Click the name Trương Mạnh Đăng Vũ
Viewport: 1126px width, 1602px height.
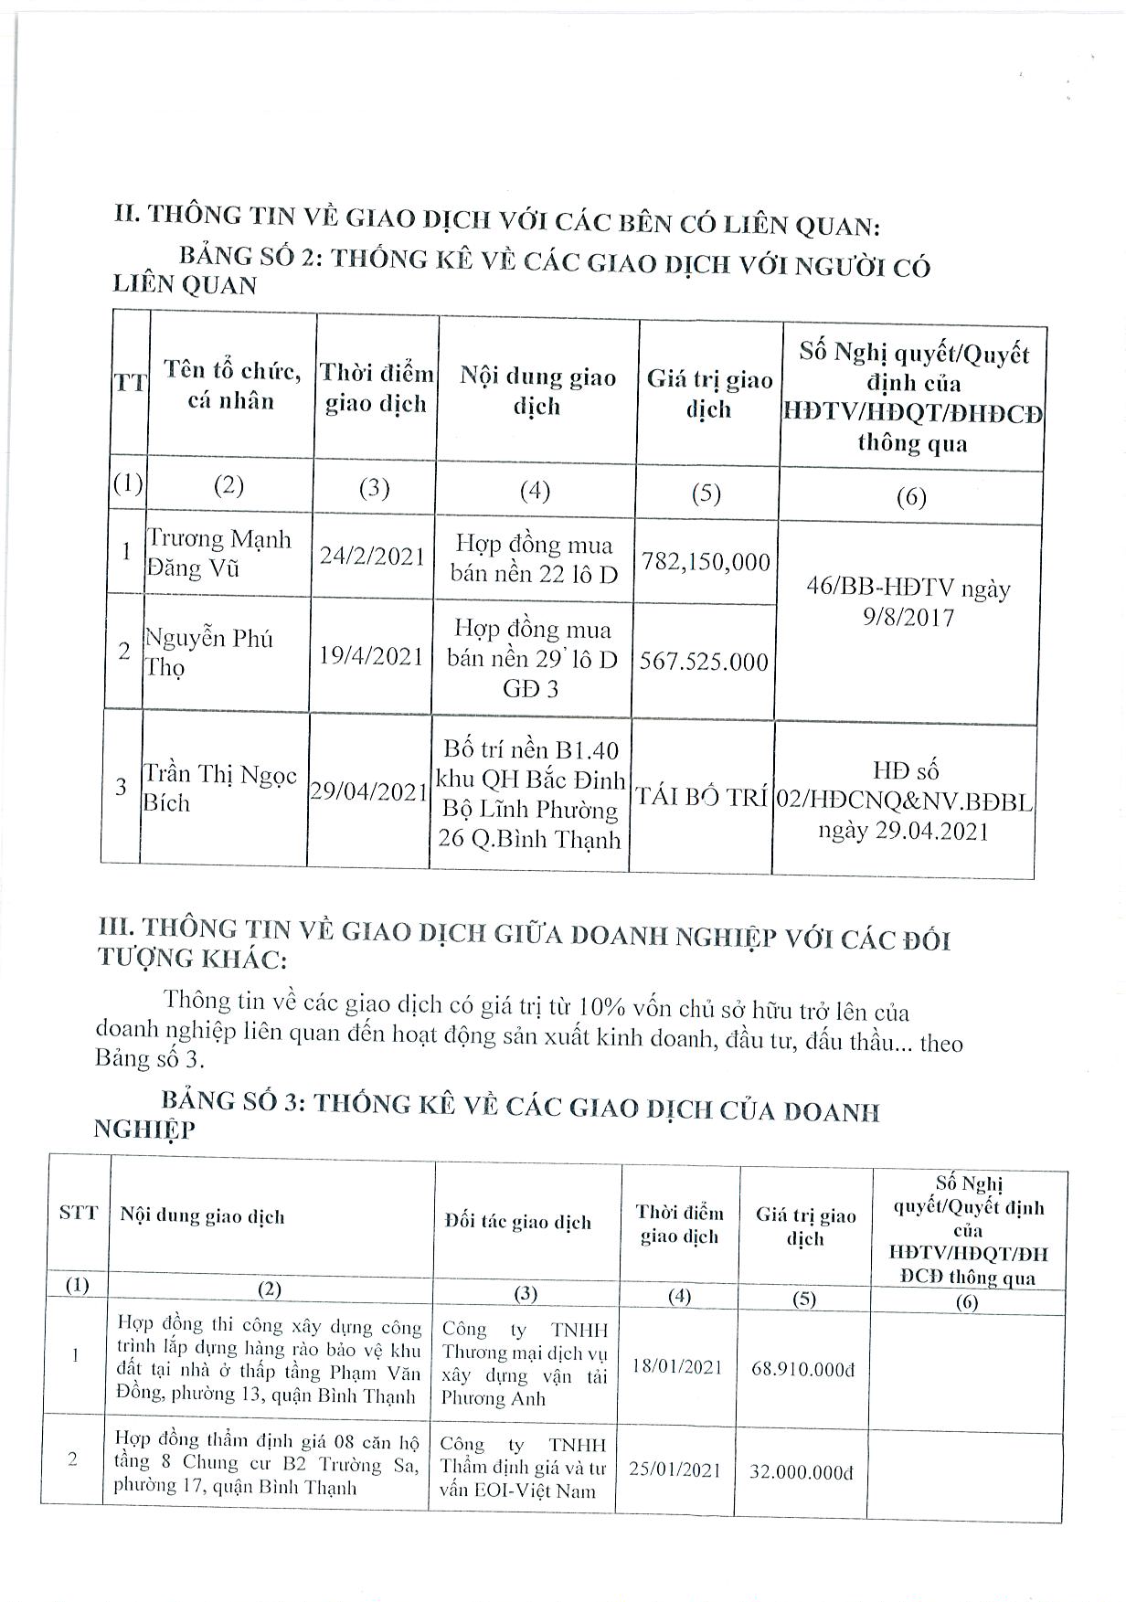pyautogui.click(x=219, y=553)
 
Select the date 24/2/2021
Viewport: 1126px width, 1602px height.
pyautogui.click(x=372, y=556)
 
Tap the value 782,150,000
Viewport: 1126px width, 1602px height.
pyautogui.click(x=706, y=561)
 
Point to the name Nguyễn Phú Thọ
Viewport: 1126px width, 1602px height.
pyautogui.click(x=209, y=652)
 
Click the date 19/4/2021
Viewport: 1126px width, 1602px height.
pyautogui.click(x=371, y=655)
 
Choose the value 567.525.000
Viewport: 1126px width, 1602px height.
pyautogui.click(x=704, y=661)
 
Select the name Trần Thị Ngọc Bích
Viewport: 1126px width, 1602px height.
pyautogui.click(x=220, y=788)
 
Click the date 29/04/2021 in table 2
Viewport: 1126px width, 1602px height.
pyautogui.click(x=368, y=791)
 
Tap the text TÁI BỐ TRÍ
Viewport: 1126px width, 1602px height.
pyautogui.click(x=702, y=796)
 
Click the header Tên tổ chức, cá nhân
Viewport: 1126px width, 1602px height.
pyautogui.click(x=231, y=385)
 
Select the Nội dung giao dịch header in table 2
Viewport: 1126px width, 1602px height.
pyautogui.click(x=536, y=391)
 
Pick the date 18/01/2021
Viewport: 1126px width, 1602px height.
pyautogui.click(x=677, y=1367)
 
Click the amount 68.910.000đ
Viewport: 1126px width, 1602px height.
pyautogui.click(x=803, y=1370)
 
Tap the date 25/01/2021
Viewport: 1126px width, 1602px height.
pyautogui.click(x=675, y=1469)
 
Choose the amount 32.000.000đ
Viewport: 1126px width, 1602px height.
pyautogui.click(x=802, y=1472)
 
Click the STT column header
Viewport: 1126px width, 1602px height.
pyautogui.click(x=78, y=1215)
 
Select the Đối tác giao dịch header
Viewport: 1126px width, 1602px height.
pyautogui.click(x=517, y=1222)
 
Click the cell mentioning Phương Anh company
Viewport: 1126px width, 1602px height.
pyautogui.click(x=524, y=1363)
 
